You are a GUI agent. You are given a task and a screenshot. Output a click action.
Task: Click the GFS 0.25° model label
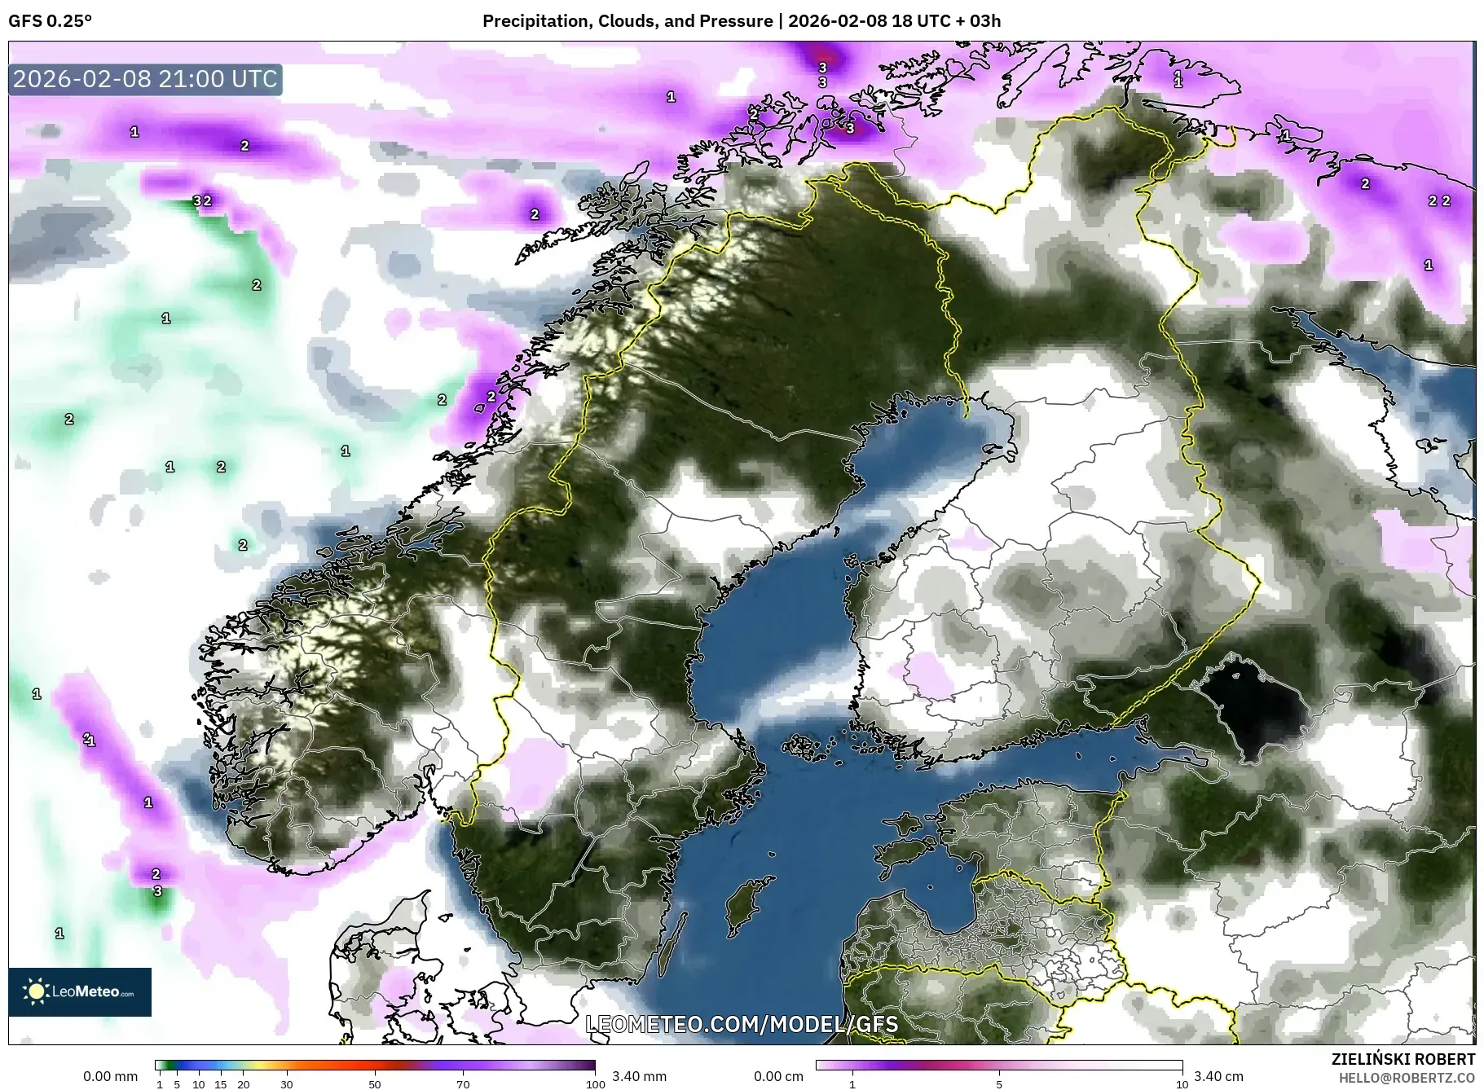click(50, 21)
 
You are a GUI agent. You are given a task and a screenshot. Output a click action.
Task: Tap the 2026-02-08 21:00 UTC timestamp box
click(146, 79)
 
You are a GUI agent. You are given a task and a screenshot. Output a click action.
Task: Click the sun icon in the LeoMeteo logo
click(36, 991)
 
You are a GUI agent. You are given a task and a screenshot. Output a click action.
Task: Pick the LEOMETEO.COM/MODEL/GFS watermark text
click(742, 1024)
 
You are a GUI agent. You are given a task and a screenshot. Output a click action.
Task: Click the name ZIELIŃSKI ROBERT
click(1403, 1059)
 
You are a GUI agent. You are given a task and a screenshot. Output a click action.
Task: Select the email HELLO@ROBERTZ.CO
click(1407, 1078)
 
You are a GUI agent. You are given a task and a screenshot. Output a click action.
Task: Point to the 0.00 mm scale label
click(110, 1076)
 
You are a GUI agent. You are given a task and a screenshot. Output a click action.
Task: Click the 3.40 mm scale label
click(639, 1076)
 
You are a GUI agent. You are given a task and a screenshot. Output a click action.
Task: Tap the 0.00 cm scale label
click(778, 1076)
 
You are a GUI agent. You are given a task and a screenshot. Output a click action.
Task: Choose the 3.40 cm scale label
click(1218, 1076)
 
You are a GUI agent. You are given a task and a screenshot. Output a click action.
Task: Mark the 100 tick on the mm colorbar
click(595, 1084)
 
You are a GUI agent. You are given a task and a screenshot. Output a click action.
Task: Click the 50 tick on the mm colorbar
click(374, 1084)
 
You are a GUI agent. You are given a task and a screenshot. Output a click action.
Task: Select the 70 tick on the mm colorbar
click(463, 1084)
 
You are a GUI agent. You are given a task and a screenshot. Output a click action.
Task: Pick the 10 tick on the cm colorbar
click(1181, 1084)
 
